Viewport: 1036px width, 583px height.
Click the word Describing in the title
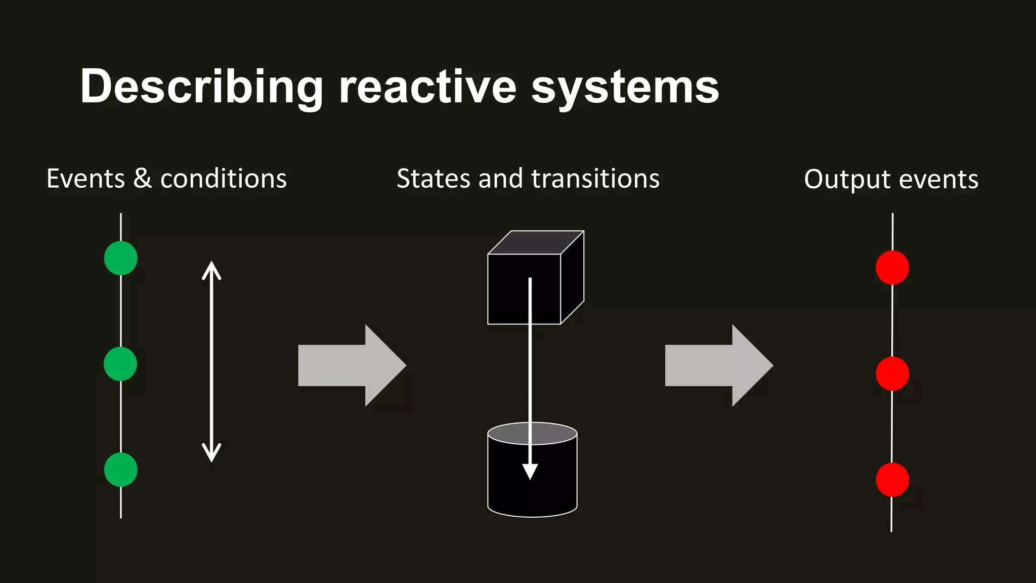(x=201, y=87)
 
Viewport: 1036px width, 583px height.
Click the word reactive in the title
(x=428, y=87)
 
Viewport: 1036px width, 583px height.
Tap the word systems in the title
(x=625, y=87)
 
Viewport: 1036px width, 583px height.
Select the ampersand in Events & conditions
(x=143, y=179)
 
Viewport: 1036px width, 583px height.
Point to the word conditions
(x=223, y=179)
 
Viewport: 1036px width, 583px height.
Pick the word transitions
(x=595, y=179)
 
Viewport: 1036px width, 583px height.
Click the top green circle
(x=120, y=258)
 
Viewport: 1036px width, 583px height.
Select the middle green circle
(x=120, y=364)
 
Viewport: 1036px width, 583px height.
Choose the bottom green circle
(x=120, y=470)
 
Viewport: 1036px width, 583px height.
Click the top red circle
(x=892, y=268)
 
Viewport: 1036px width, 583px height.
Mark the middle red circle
(x=892, y=373)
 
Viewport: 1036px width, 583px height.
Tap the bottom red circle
(x=892, y=480)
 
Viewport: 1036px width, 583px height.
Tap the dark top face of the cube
(x=536, y=242)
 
